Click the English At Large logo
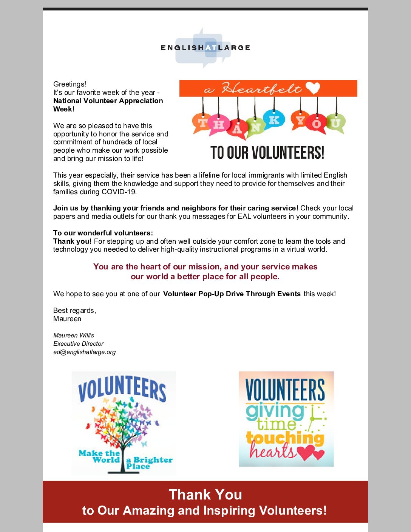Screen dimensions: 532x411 (x=205, y=48)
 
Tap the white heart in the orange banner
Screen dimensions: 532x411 (x=313, y=88)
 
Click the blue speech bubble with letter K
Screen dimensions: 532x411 (x=274, y=120)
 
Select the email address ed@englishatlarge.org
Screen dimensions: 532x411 (x=84, y=352)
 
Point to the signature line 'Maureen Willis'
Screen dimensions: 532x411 (x=74, y=335)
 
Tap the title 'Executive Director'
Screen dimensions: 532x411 (x=78, y=343)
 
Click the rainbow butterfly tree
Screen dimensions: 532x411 (x=123, y=423)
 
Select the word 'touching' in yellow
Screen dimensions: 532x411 (x=285, y=438)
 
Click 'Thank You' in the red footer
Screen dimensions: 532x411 (x=205, y=494)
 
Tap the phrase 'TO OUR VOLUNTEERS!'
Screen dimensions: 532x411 (x=267, y=153)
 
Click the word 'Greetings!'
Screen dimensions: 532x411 (x=70, y=84)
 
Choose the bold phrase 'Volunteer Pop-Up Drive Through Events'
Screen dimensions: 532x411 (x=232, y=294)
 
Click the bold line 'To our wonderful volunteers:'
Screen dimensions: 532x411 (x=103, y=233)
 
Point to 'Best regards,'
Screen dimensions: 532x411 (x=74, y=310)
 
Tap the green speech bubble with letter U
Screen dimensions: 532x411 (x=335, y=123)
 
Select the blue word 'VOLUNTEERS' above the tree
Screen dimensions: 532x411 (x=122, y=389)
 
